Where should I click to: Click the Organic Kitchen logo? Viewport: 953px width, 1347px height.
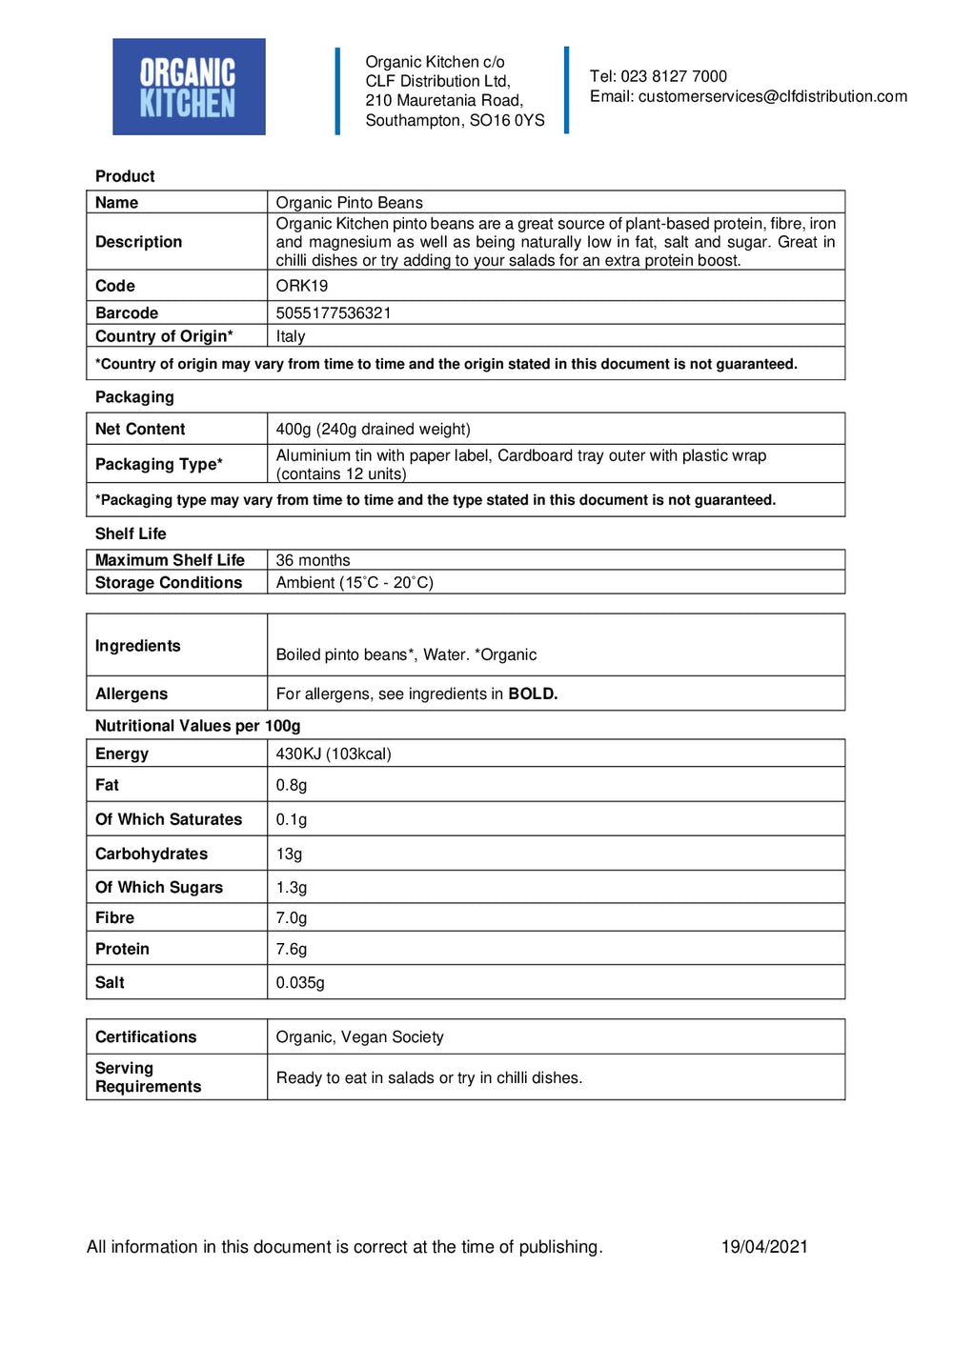point(189,87)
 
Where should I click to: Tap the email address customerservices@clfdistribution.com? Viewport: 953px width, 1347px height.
point(772,96)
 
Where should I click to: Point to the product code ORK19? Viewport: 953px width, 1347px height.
point(301,286)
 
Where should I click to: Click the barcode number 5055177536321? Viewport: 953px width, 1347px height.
point(334,312)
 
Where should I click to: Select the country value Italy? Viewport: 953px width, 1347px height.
point(291,336)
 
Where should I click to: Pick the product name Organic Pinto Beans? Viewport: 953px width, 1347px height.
point(349,202)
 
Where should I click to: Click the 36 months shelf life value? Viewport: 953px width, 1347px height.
point(313,560)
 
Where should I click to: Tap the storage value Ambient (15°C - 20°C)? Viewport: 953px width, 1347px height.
point(355,582)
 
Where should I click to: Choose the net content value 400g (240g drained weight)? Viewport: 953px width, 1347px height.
point(373,429)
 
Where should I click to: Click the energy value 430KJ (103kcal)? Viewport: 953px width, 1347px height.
point(334,754)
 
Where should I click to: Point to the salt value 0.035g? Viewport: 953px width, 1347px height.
point(300,982)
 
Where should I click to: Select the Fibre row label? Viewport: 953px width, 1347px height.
point(114,917)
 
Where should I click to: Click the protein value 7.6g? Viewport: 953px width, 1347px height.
point(292,949)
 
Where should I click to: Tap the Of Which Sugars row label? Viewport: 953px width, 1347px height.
point(159,887)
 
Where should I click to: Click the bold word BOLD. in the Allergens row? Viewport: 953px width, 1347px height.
point(533,694)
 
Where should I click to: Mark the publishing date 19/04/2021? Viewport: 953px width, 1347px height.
point(764,1246)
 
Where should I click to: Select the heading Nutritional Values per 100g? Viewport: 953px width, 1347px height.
point(197,726)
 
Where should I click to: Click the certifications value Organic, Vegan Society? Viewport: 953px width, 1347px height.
point(359,1036)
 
